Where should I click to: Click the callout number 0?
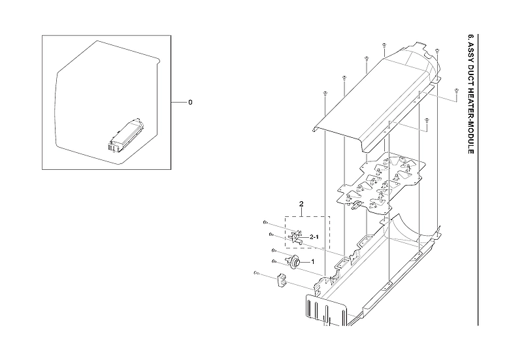pos(190,103)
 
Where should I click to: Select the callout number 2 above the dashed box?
pos(301,205)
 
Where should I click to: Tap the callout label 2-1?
pos(314,237)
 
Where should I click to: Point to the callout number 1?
pos(312,261)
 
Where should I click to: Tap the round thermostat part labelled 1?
pos(295,262)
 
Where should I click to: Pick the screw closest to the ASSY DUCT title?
pos(456,91)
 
